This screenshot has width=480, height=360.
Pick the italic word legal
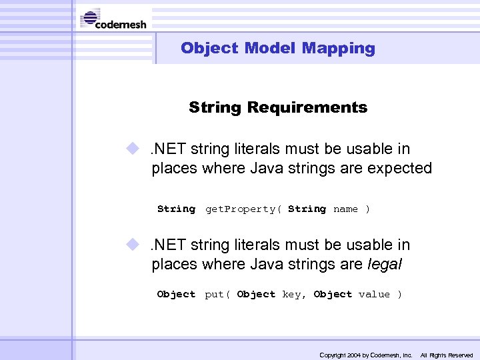pyautogui.click(x=385, y=264)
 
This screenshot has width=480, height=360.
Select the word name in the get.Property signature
pyautogui.click(x=345, y=209)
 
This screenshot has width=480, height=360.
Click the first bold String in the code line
pyautogui.click(x=176, y=209)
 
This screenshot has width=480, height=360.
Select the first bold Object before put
pyautogui.click(x=176, y=295)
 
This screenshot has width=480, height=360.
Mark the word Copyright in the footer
pyautogui.click(x=332, y=355)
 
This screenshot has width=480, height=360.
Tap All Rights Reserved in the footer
pyautogui.click(x=446, y=355)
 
